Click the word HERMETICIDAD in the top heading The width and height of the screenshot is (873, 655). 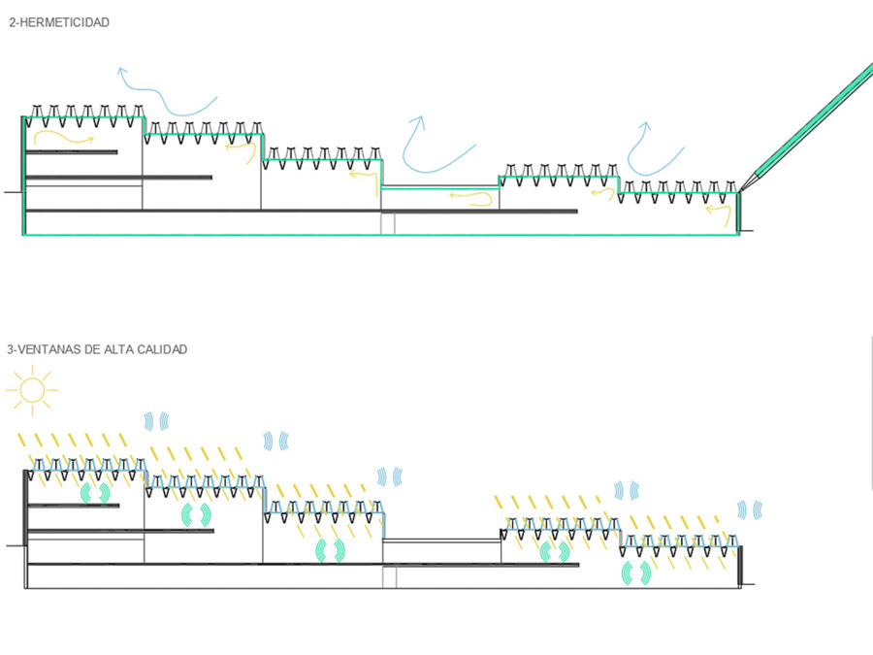click(x=65, y=23)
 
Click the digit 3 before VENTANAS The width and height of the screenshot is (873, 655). click(x=10, y=349)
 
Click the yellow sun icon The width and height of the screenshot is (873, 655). click(x=32, y=390)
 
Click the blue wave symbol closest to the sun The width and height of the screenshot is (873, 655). click(x=156, y=421)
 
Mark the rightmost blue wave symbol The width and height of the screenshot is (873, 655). click(x=750, y=509)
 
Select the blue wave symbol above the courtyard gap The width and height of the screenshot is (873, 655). click(x=390, y=476)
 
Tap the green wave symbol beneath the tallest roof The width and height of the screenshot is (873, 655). click(x=95, y=493)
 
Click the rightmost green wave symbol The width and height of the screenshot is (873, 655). click(x=636, y=573)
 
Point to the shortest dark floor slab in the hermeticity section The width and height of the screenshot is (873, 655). click(x=71, y=152)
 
